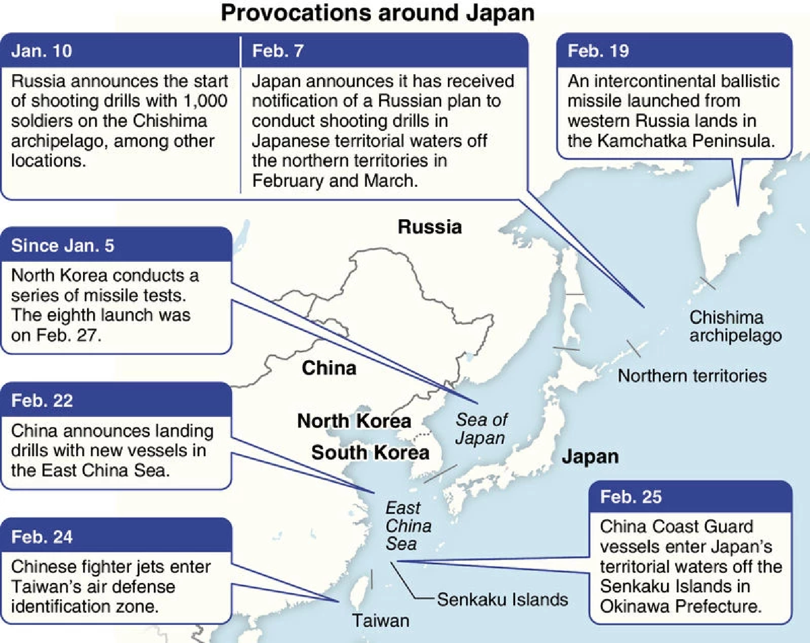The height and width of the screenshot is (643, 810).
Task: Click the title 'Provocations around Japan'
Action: [377, 13]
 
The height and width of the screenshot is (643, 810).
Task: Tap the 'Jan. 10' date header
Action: [41, 51]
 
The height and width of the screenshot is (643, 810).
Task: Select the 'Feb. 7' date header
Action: [277, 51]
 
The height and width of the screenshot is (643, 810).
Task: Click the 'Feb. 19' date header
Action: [598, 51]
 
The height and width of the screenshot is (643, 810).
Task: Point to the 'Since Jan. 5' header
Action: [63, 246]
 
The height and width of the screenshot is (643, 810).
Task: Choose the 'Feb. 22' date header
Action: [42, 401]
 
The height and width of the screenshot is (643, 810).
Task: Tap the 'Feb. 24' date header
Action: [42, 537]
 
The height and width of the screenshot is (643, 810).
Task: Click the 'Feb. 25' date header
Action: [631, 497]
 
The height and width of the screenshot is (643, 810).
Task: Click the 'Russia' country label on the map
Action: [430, 227]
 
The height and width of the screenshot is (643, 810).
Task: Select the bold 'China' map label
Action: [329, 368]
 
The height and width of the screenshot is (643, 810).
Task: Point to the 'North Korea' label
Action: [354, 421]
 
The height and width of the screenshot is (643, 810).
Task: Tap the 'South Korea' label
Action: [370, 452]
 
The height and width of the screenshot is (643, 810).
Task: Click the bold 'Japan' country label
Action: [590, 457]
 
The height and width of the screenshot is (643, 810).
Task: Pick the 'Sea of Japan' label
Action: [481, 429]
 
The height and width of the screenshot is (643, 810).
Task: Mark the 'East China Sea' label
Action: [407, 526]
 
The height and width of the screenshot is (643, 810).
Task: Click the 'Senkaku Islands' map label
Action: [502, 599]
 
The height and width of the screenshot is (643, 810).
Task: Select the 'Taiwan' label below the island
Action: [380, 620]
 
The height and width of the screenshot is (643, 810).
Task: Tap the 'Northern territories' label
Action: [692, 376]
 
